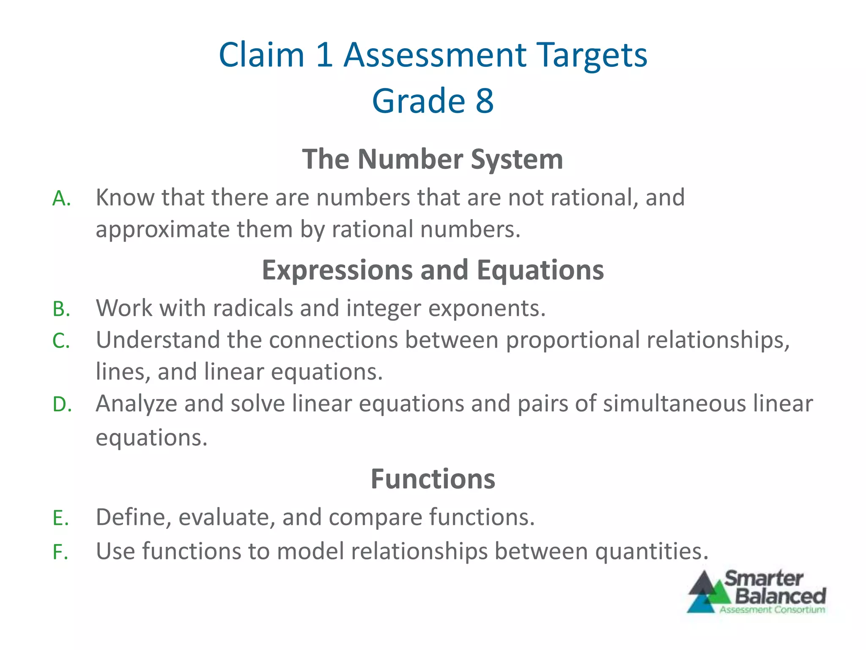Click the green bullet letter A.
(x=61, y=198)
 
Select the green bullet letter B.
(x=61, y=309)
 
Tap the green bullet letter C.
(x=61, y=341)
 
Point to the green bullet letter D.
(x=62, y=405)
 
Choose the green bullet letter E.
(x=61, y=518)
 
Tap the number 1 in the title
(x=324, y=55)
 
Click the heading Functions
(x=433, y=479)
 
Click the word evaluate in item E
(x=227, y=518)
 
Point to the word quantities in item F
(x=651, y=552)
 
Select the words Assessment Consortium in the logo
(x=772, y=610)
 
